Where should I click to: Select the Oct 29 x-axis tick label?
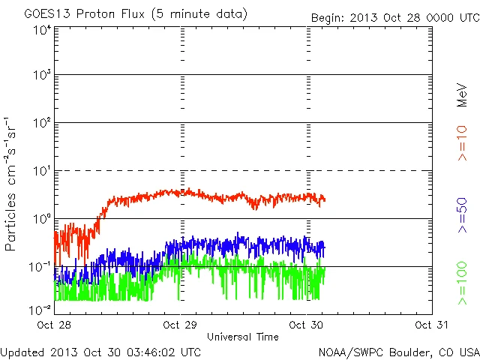pyautogui.click(x=180, y=325)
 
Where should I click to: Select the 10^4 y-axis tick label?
pyautogui.click(x=41, y=30)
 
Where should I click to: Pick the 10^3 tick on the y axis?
pyautogui.click(x=41, y=76)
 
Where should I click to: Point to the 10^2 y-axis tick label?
pyautogui.click(x=41, y=124)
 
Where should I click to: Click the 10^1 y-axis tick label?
pyautogui.click(x=41, y=172)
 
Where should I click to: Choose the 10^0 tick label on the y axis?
pyautogui.click(x=41, y=219)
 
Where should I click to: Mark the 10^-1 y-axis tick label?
pyautogui.click(x=40, y=267)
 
